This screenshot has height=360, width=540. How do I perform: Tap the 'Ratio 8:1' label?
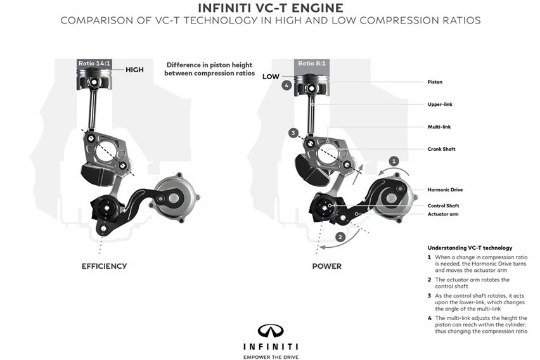[x=314, y=63]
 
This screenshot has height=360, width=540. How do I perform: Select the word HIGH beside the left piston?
[x=135, y=70]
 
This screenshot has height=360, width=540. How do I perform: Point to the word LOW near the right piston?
[x=271, y=76]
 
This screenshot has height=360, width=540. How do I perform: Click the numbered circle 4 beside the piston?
[x=287, y=85]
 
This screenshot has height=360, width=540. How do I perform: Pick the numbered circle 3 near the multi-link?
[x=293, y=133]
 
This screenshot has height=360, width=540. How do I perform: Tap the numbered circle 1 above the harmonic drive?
[x=394, y=162]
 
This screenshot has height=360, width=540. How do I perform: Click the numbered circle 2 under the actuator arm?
[x=340, y=236]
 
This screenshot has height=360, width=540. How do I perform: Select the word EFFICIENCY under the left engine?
[x=104, y=266]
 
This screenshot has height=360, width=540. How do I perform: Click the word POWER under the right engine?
[x=326, y=266]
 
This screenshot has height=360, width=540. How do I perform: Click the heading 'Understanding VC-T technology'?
[x=470, y=248]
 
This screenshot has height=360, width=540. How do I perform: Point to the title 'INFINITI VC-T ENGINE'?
[x=270, y=8]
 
